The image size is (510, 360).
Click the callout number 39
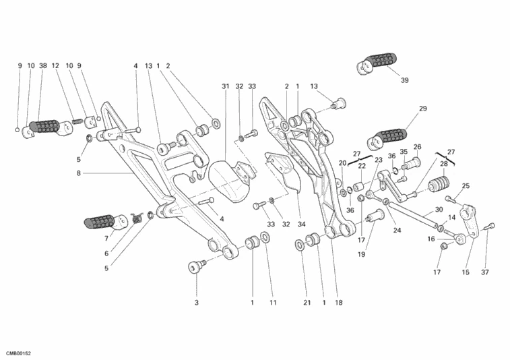[404, 80]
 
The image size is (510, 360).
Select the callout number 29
[423, 109]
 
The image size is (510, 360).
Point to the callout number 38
[42, 66]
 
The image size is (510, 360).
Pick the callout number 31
[226, 86]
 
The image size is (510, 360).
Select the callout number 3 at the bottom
[197, 303]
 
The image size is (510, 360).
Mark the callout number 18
[339, 303]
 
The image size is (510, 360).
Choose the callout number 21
[306, 303]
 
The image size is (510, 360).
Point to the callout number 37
[484, 272]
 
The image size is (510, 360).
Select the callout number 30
[439, 210]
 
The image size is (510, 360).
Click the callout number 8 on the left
[78, 173]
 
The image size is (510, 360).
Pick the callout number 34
[301, 224]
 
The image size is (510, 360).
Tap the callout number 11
[274, 303]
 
